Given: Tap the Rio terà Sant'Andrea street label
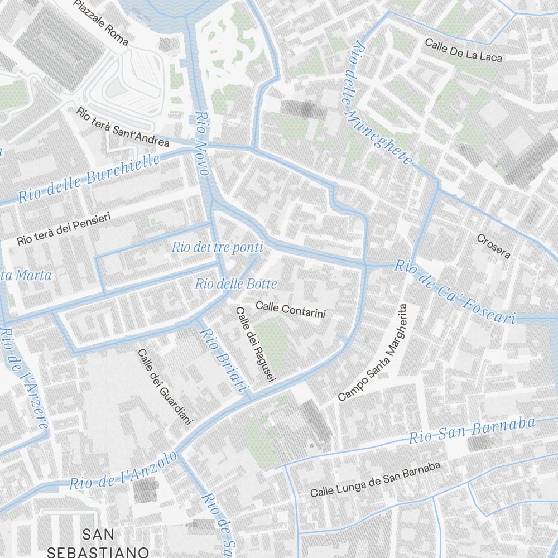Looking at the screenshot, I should [123, 128].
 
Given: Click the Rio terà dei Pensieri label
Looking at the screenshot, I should [64, 228].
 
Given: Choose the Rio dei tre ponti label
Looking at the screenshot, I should [217, 247].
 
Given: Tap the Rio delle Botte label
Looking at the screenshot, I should [236, 284].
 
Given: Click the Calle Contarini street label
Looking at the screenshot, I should [290, 310].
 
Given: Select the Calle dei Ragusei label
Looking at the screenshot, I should [256, 345].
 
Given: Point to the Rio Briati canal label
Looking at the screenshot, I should [223, 360].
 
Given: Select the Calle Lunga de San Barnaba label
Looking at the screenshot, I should [376, 479].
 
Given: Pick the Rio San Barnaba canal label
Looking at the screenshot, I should [472, 430].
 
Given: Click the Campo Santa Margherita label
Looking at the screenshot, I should [374, 353].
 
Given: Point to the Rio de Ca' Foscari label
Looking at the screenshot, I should [454, 292].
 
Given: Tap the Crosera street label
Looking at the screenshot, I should [493, 246].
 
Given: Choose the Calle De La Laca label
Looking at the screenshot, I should [463, 50].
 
